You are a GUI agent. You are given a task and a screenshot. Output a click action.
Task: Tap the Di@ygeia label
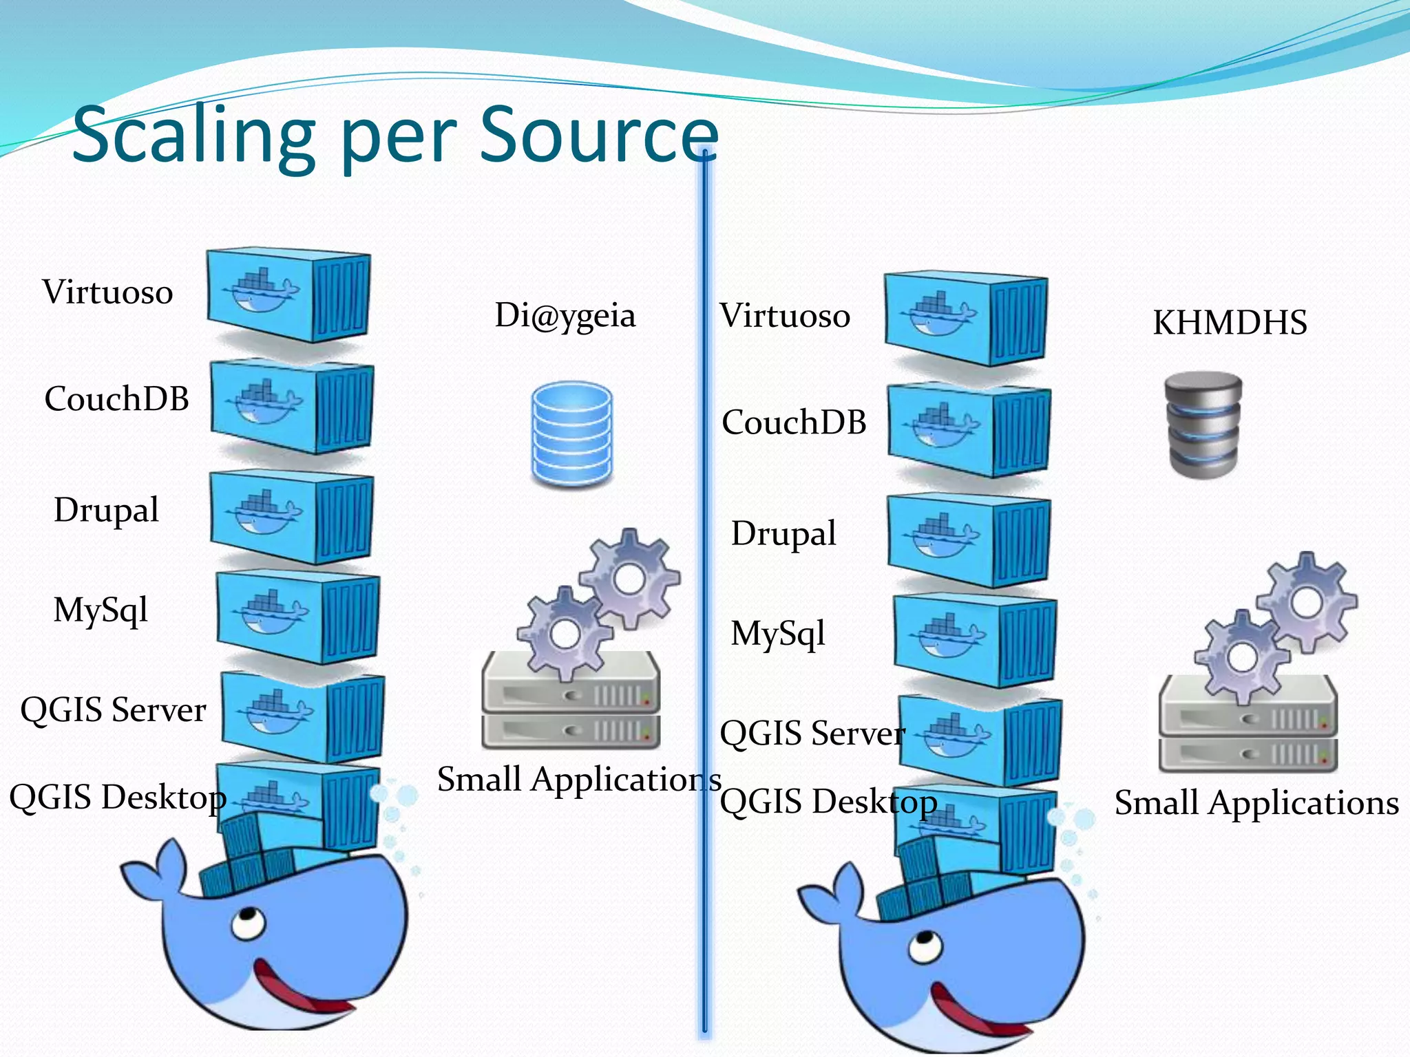coord(565,315)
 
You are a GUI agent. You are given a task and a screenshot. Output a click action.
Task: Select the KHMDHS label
coord(1230,322)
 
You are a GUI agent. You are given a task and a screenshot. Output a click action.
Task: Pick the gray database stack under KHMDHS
coord(1203,425)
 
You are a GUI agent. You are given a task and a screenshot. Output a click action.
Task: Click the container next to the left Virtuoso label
coord(289,296)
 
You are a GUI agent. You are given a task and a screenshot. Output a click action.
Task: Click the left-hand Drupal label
coord(107,510)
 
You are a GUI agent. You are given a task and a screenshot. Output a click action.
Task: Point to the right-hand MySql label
coord(778,633)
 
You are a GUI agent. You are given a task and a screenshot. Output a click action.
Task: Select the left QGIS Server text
coord(114,709)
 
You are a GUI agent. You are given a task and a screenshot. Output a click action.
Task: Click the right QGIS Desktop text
coord(828,802)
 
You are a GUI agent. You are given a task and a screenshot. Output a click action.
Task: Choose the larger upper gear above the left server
coord(629,578)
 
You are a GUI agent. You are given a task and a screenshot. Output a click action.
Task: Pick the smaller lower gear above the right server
coord(1241,657)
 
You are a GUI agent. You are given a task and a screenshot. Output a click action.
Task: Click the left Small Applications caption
coord(578,780)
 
